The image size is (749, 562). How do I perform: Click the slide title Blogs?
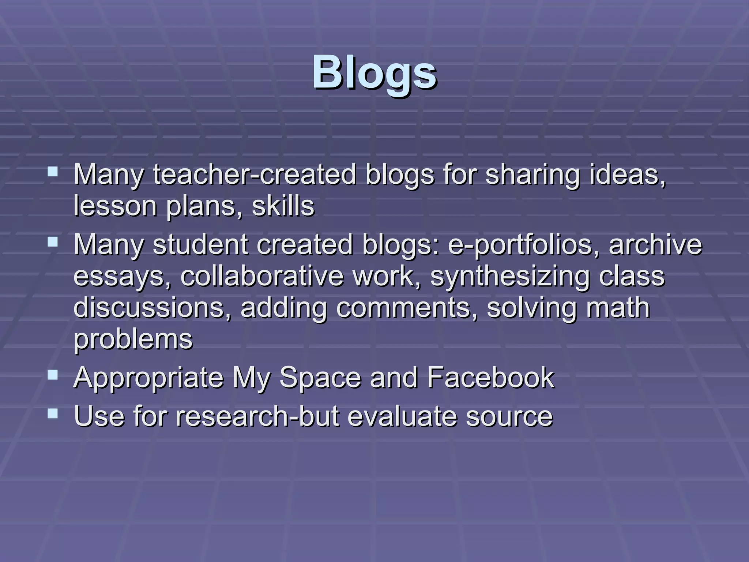tap(374, 72)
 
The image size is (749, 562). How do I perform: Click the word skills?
tap(283, 206)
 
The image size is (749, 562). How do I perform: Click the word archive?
tap(655, 244)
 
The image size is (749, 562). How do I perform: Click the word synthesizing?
tap(510, 276)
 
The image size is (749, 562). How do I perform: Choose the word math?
tap(618, 307)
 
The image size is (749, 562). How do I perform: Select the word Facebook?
tap(490, 377)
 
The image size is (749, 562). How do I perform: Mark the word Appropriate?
tap(148, 378)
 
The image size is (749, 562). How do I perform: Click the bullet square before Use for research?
tap(53, 413)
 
